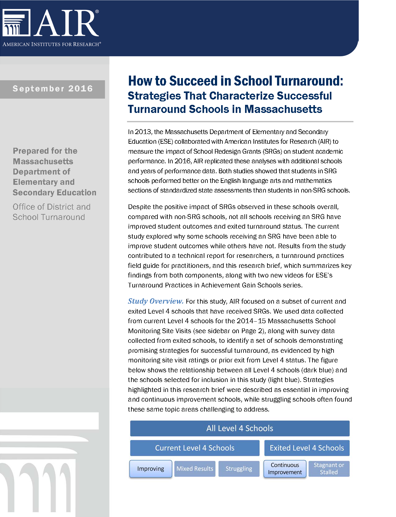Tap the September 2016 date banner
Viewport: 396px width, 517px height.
[52, 89]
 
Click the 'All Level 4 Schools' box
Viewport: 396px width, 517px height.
[240, 428]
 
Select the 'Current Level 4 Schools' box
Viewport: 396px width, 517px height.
[195, 448]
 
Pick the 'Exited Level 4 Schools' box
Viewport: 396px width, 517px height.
[307, 448]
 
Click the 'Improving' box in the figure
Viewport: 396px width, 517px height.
[151, 469]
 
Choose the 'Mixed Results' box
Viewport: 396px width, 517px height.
[195, 469]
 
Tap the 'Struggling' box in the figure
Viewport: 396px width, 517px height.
[239, 469]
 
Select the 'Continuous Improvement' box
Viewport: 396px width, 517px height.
[285, 469]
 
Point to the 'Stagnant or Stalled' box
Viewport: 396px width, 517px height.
[329, 469]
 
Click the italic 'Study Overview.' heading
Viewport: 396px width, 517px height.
[156, 301]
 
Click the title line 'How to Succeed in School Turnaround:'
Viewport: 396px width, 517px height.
[236, 81]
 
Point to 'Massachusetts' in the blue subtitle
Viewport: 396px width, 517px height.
[283, 109]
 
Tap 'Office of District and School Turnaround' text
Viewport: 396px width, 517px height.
[52, 212]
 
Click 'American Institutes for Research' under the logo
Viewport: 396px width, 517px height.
[52, 44]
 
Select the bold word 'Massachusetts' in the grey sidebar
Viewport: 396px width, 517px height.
[43, 161]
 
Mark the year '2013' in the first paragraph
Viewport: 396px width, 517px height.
[143, 132]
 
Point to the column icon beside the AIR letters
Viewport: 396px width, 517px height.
[16, 23]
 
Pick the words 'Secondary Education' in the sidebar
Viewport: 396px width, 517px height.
[55, 193]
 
